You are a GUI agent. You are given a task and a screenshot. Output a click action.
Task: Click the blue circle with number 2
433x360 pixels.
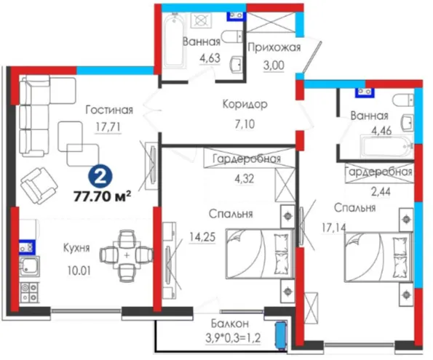coord(100,176)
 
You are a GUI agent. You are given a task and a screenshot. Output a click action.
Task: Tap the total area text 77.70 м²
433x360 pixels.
coord(102,196)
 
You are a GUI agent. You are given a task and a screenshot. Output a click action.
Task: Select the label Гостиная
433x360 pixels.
coord(109,110)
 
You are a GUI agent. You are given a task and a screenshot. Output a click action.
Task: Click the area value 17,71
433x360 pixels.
coord(108,127)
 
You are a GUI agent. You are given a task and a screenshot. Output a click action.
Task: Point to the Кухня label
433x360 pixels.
coord(76,248)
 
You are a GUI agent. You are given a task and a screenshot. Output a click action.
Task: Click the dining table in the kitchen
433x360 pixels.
coord(126,256)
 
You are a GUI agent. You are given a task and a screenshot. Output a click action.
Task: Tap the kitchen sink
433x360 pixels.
coord(29,266)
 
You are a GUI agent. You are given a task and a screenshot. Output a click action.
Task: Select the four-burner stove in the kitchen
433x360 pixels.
coord(29,292)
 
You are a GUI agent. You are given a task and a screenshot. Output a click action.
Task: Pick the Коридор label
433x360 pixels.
coord(245,104)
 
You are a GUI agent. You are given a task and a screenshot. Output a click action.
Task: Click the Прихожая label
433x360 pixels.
coord(274,47)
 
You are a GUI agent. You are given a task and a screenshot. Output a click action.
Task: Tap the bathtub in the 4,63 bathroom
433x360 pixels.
coord(174,41)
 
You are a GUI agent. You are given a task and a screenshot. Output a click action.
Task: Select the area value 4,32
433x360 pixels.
coord(244,179)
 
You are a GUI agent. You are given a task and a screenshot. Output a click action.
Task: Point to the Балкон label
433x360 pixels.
coord(230,324)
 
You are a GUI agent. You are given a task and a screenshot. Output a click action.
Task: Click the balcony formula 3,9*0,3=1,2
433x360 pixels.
coord(233,337)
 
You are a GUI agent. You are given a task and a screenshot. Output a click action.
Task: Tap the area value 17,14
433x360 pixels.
coord(333,228)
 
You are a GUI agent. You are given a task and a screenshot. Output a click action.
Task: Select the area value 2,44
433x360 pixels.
coord(381,191)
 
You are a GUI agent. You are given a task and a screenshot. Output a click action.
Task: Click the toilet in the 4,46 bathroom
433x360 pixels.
coord(403,100)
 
